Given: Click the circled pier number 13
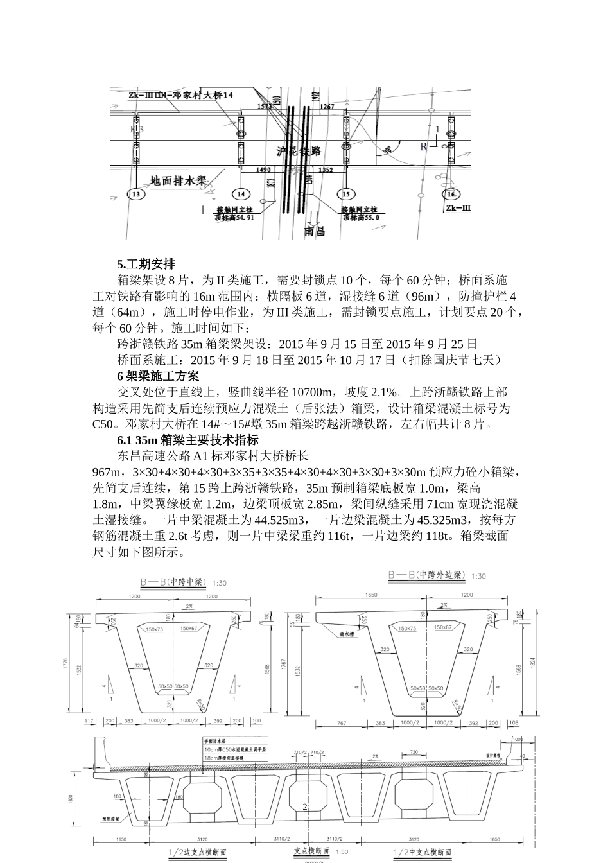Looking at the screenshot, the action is pos(135,194).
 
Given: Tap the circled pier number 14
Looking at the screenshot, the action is pos(241,194).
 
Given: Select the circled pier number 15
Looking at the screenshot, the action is pos(346,194).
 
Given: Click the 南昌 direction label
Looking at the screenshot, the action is pos(315,231).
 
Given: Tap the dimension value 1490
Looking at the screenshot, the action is pos(264,170).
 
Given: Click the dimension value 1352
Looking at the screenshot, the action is pos(326,170).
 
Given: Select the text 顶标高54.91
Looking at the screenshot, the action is pos(236,218).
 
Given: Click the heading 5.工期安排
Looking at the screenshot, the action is pos(146,264).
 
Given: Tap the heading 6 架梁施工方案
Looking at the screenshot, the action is pos(158,376).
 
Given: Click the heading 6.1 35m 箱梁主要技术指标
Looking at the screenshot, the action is pos(187,440).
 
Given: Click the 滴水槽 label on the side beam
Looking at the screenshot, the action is pos(347,633).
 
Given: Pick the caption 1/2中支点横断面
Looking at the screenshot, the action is pos(421,852).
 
